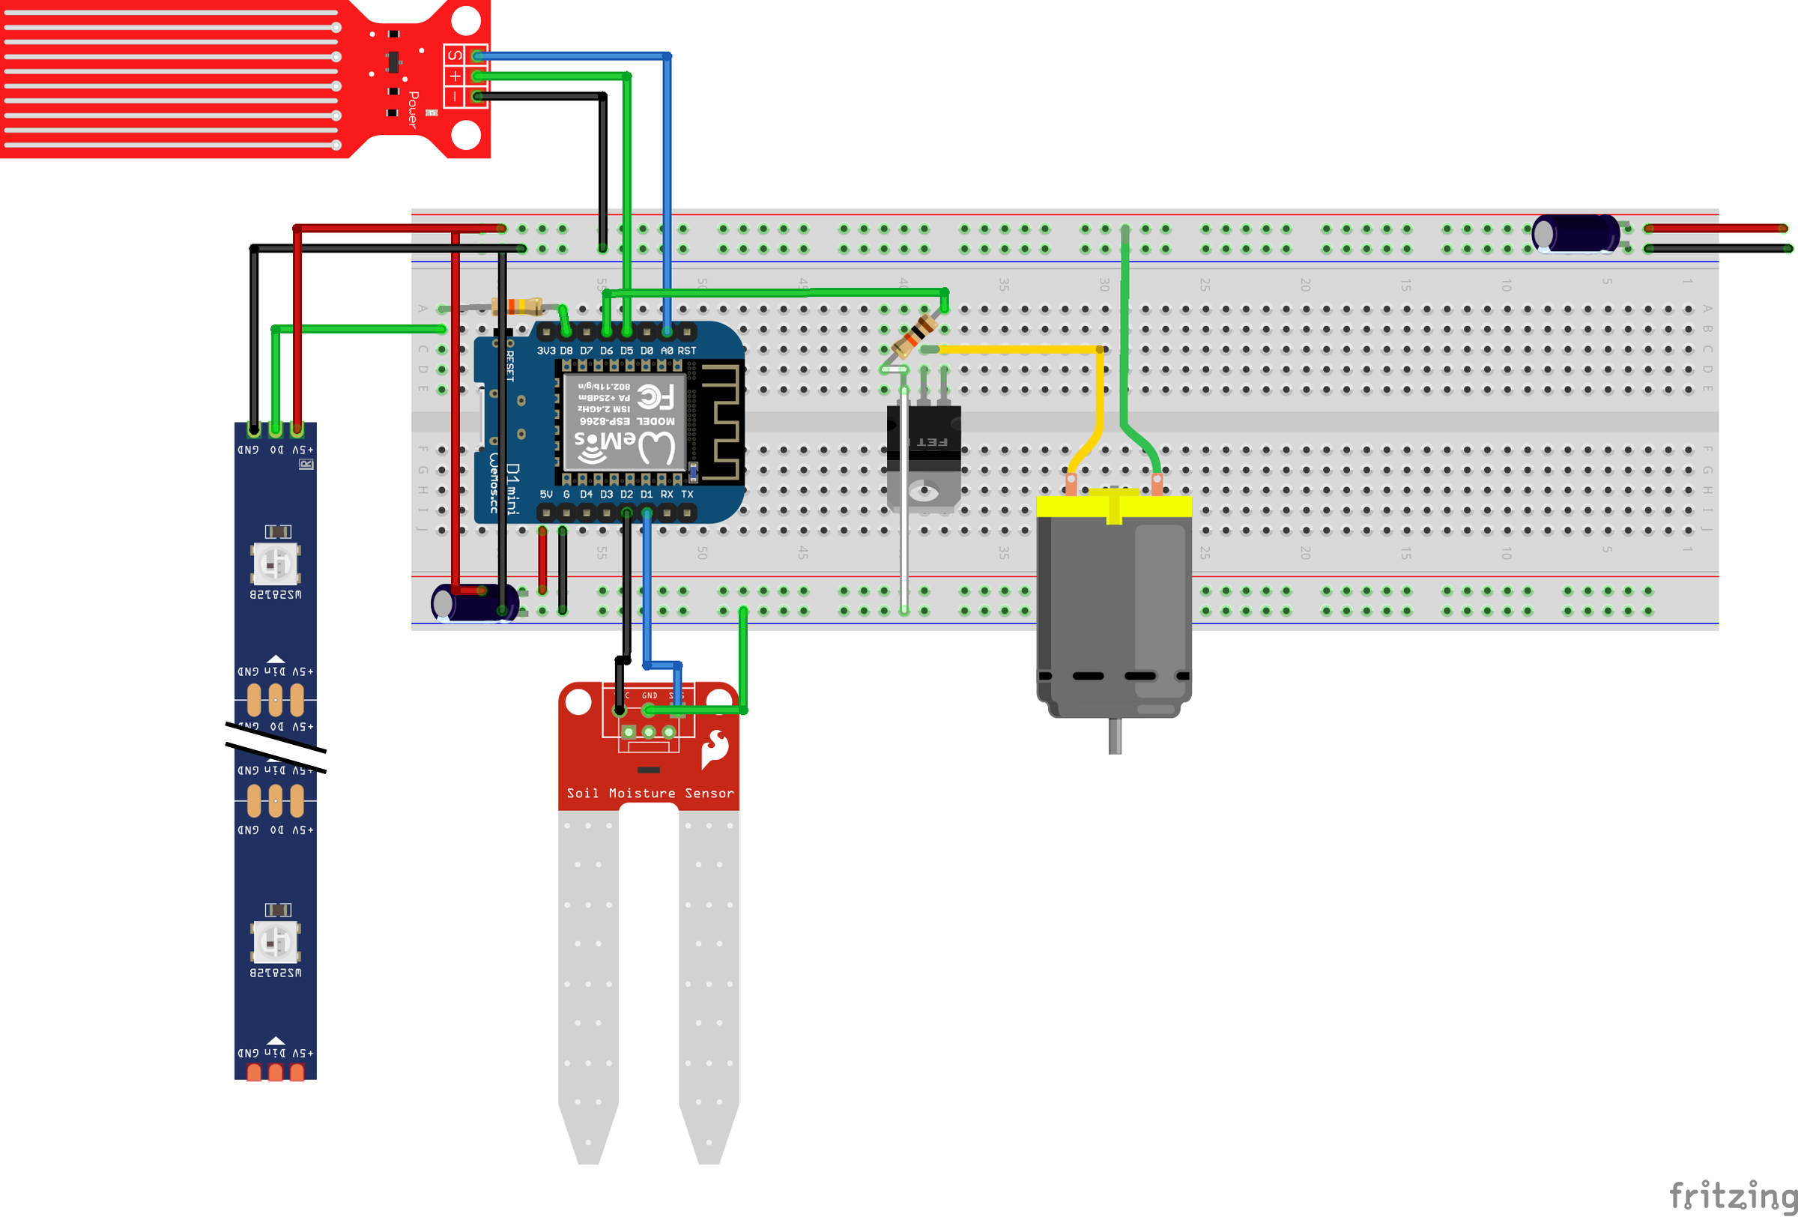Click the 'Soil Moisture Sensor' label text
[650, 793]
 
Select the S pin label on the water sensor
[454, 55]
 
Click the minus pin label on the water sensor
[454, 97]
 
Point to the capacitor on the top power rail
[1575, 234]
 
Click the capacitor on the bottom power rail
[473, 603]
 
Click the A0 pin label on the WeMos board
[666, 351]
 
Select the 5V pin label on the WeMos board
[546, 494]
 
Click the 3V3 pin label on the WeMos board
[546, 351]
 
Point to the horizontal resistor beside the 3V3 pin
[517, 306]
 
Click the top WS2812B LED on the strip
[276, 564]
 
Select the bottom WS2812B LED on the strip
[276, 941]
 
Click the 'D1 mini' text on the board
[512, 489]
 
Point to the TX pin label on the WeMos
[687, 494]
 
